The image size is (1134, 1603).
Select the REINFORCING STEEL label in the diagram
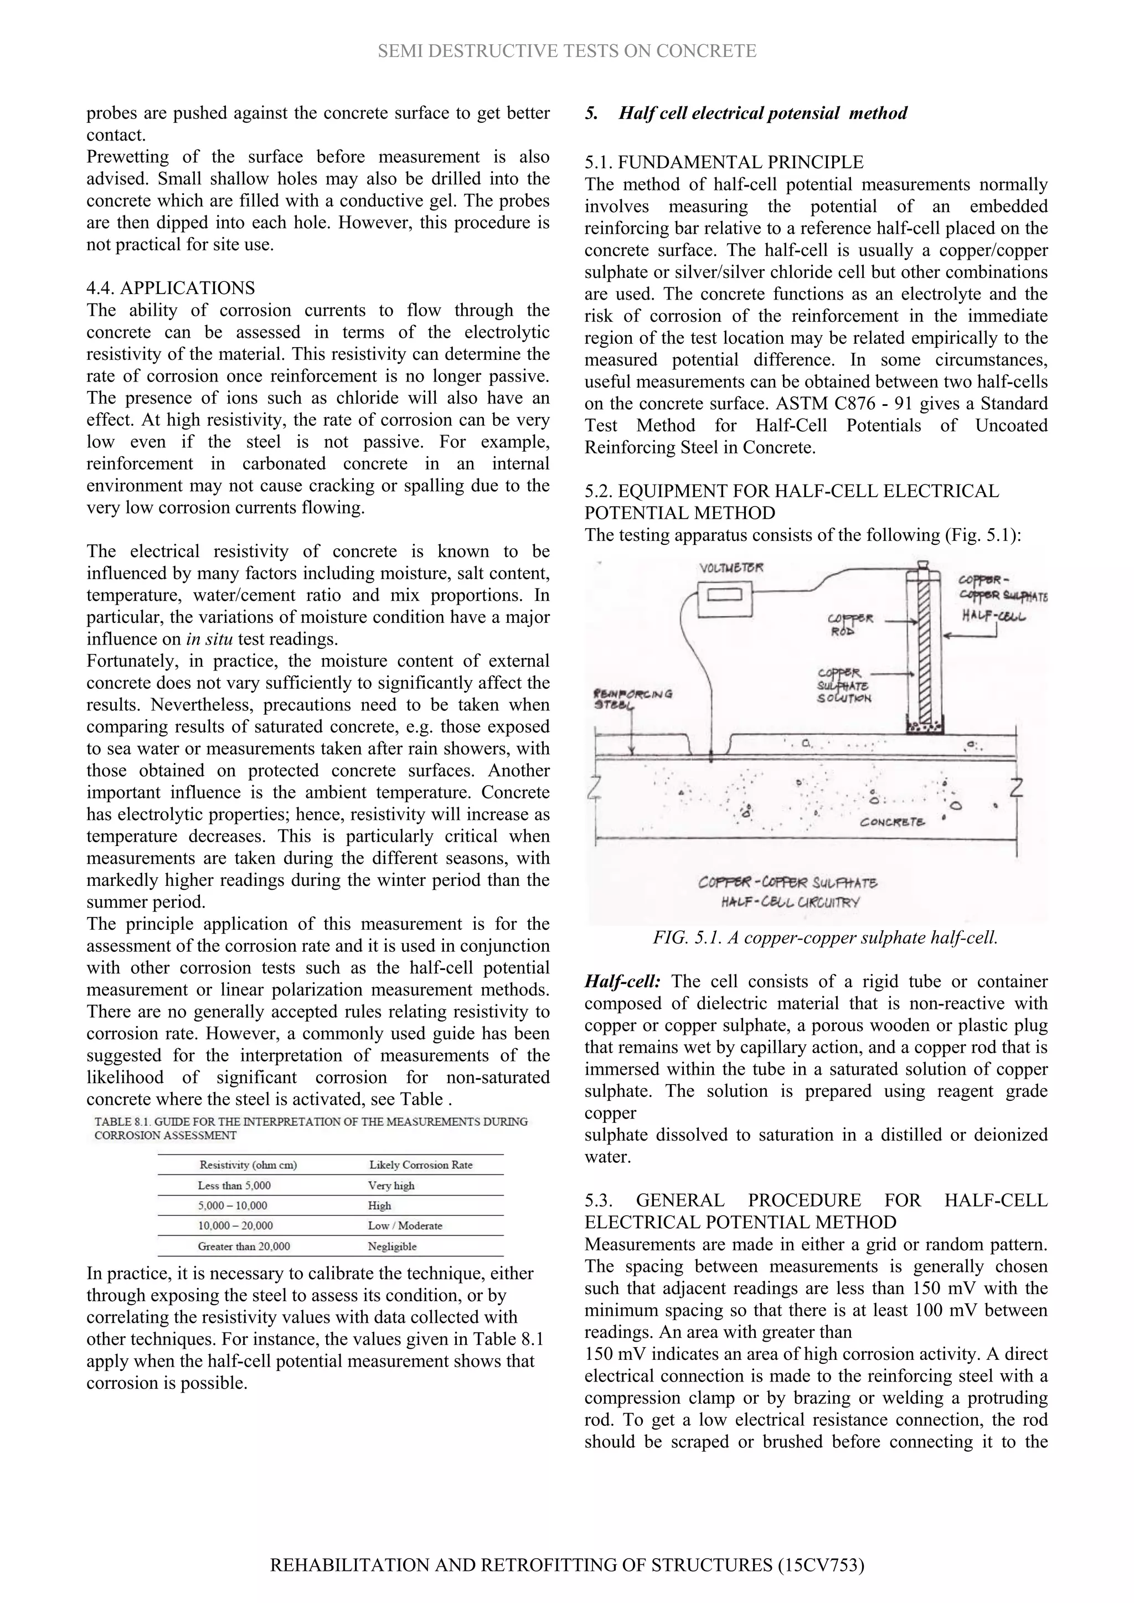(x=632, y=699)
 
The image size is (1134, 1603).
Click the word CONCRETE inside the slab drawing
(x=893, y=822)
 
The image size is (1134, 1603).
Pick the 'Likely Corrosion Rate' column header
(x=420, y=1164)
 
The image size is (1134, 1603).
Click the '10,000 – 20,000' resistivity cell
(x=235, y=1225)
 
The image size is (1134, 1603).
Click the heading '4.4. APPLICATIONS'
(x=171, y=287)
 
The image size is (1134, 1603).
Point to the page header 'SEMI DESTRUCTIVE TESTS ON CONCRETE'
(x=566, y=51)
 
